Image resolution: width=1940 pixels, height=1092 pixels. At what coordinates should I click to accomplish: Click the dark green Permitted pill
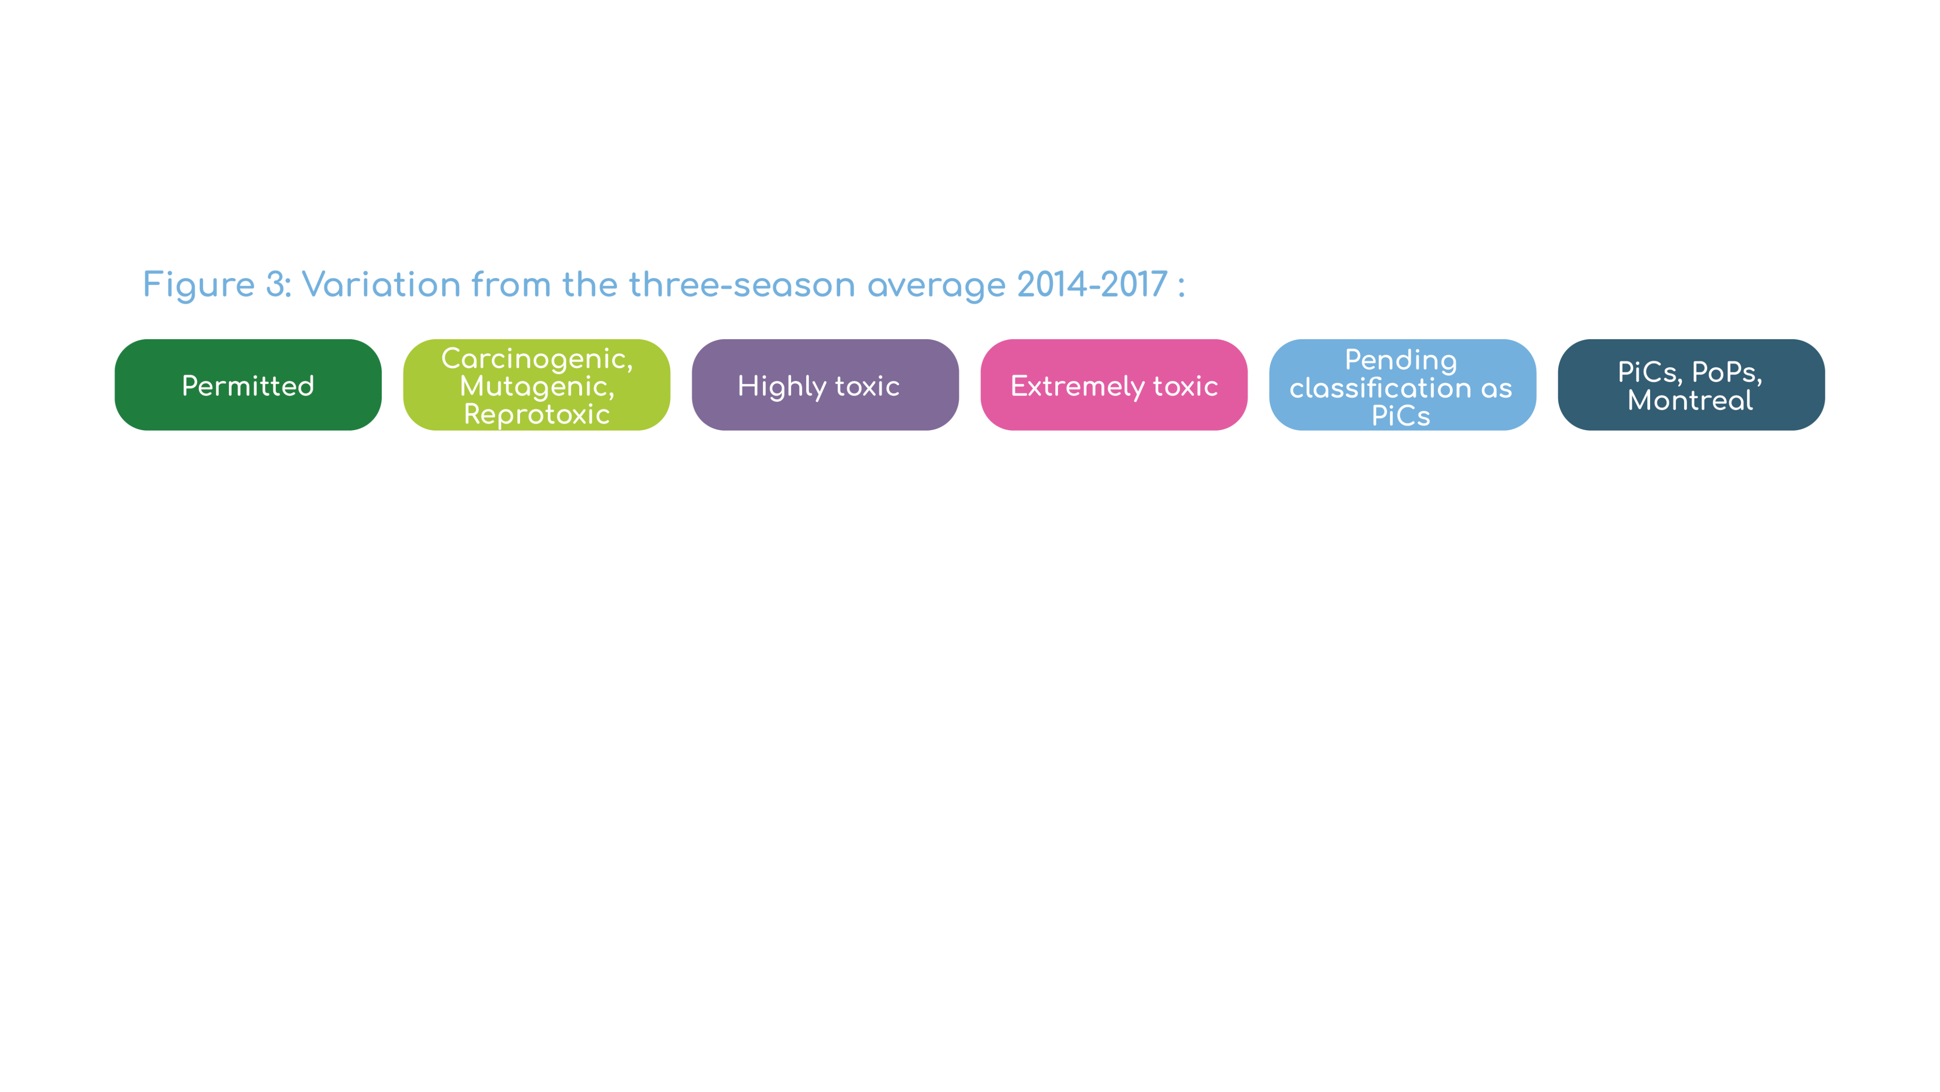click(248, 385)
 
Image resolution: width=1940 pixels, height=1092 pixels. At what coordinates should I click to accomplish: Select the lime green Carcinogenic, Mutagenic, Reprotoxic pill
click(536, 385)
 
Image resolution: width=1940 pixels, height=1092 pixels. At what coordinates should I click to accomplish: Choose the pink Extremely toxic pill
click(1114, 385)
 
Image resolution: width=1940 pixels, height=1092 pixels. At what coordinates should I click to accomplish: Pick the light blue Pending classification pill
click(1402, 385)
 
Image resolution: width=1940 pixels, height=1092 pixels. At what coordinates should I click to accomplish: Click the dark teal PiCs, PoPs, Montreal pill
click(1691, 385)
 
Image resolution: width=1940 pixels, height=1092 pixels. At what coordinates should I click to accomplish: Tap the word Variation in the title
click(381, 285)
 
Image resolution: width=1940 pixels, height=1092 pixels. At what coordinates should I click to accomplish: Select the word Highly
click(781, 387)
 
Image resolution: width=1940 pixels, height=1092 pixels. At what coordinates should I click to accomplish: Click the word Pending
click(1401, 361)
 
